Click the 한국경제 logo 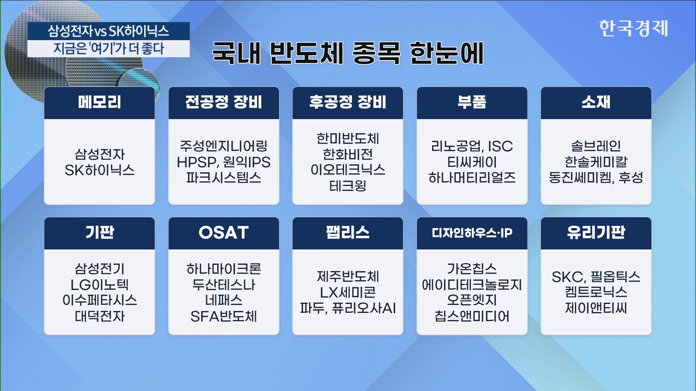[633, 28]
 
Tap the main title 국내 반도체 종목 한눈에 [348, 53]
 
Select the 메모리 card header [99, 102]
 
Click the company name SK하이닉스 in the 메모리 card [99, 170]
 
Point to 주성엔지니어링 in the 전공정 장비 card [224, 146]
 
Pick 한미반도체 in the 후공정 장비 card [348, 138]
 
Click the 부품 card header [472, 102]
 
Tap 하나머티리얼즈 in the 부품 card [472, 177]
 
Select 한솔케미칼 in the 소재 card [596, 162]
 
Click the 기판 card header [99, 233]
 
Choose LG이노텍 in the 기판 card [99, 285]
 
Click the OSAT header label [224, 232]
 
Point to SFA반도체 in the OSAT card [224, 316]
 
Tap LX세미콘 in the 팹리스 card [348, 292]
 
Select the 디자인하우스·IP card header [472, 233]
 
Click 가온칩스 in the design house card [472, 269]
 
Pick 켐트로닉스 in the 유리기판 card [596, 292]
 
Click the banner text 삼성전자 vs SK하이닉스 [108, 31]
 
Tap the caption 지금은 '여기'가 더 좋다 [108, 49]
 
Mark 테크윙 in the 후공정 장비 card [348, 186]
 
